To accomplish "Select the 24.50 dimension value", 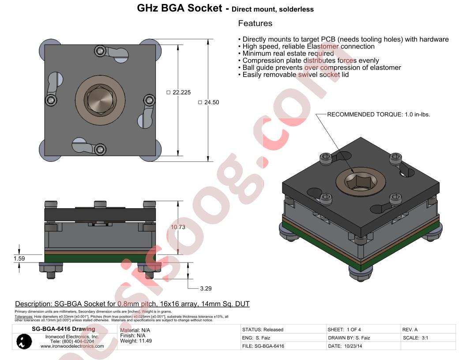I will [211, 102].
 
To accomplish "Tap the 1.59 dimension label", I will [19, 259].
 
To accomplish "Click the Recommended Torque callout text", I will [378, 114].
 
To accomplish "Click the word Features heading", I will [255, 23].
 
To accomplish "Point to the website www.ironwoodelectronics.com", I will [72, 346].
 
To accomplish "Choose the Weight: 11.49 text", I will [136, 341].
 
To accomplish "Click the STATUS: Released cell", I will [263, 330].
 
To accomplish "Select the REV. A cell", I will [410, 330].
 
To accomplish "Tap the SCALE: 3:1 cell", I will [416, 338].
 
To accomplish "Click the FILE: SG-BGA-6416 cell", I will [263, 346].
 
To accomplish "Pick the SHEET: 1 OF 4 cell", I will [344, 330].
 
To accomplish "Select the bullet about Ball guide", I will [321, 67].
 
